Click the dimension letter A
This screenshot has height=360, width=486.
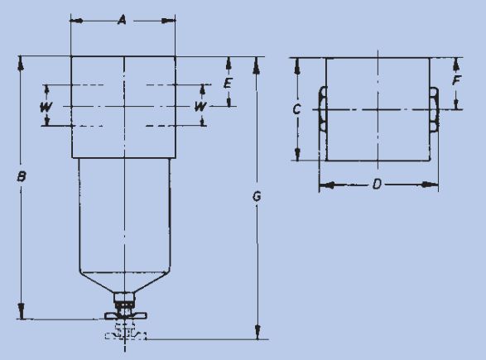coord(123,21)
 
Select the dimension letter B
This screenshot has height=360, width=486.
coord(21,176)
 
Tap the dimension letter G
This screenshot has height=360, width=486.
coord(257,196)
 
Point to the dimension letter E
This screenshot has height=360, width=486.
coord(228,83)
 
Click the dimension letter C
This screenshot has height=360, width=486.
coord(297,109)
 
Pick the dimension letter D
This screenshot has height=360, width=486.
coord(376,185)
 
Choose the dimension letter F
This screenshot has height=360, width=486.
coord(456,80)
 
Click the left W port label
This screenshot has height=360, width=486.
coord(46,107)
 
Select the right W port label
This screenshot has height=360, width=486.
coord(200,107)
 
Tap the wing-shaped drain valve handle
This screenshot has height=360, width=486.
coord(125,315)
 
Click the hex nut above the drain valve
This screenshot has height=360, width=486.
coord(124,297)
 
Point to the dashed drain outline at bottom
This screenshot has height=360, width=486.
coord(125,332)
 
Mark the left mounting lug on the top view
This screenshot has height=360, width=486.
coord(323,109)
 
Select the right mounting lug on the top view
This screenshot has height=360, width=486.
coord(434,110)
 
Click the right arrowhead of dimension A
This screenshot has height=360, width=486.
coord(169,21)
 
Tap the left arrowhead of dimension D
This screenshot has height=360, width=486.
coord(326,185)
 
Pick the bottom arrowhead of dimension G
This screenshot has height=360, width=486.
coord(257,332)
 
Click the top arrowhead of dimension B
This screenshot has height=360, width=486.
coord(21,63)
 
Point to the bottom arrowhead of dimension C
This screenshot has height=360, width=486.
coord(297,154)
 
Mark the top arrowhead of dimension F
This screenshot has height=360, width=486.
coord(456,65)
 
